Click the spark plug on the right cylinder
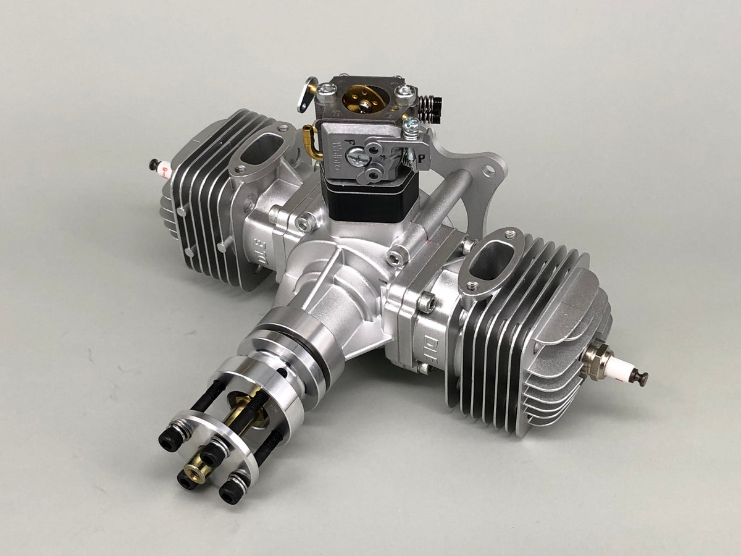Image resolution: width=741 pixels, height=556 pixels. [617, 365]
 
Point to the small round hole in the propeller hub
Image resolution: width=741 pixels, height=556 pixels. [283, 373]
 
